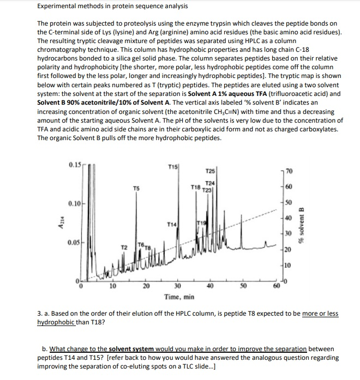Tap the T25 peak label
pyautogui.click(x=209, y=172)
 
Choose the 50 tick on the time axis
pyautogui.click(x=245, y=288)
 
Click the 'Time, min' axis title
pyautogui.click(x=179, y=298)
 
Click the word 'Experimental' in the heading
pyautogui.click(x=56, y=6)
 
